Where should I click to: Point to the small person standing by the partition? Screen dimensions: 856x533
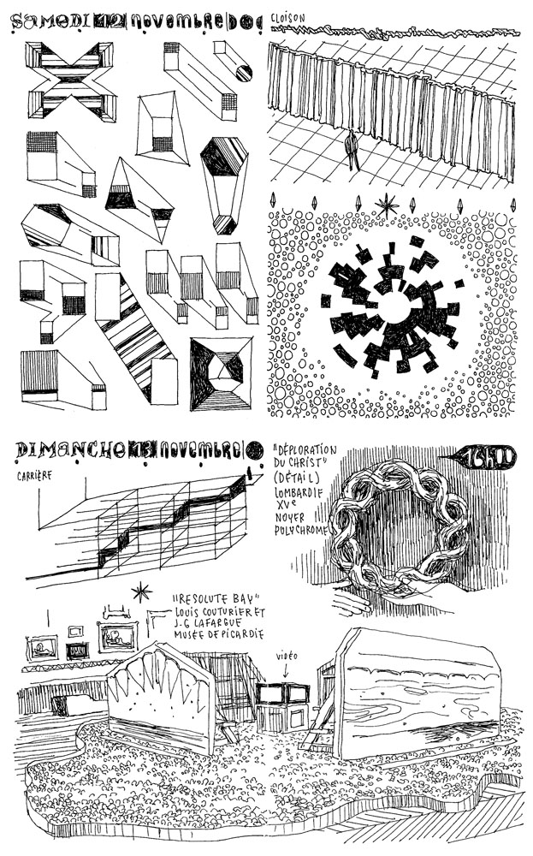pyautogui.click(x=352, y=151)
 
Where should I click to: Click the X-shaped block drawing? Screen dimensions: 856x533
pyautogui.click(x=72, y=81)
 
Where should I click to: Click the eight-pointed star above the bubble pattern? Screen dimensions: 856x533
pyautogui.click(x=388, y=205)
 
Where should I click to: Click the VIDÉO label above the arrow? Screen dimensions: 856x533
pyautogui.click(x=287, y=655)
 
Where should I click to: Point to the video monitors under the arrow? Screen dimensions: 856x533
pyautogui.click(x=283, y=695)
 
